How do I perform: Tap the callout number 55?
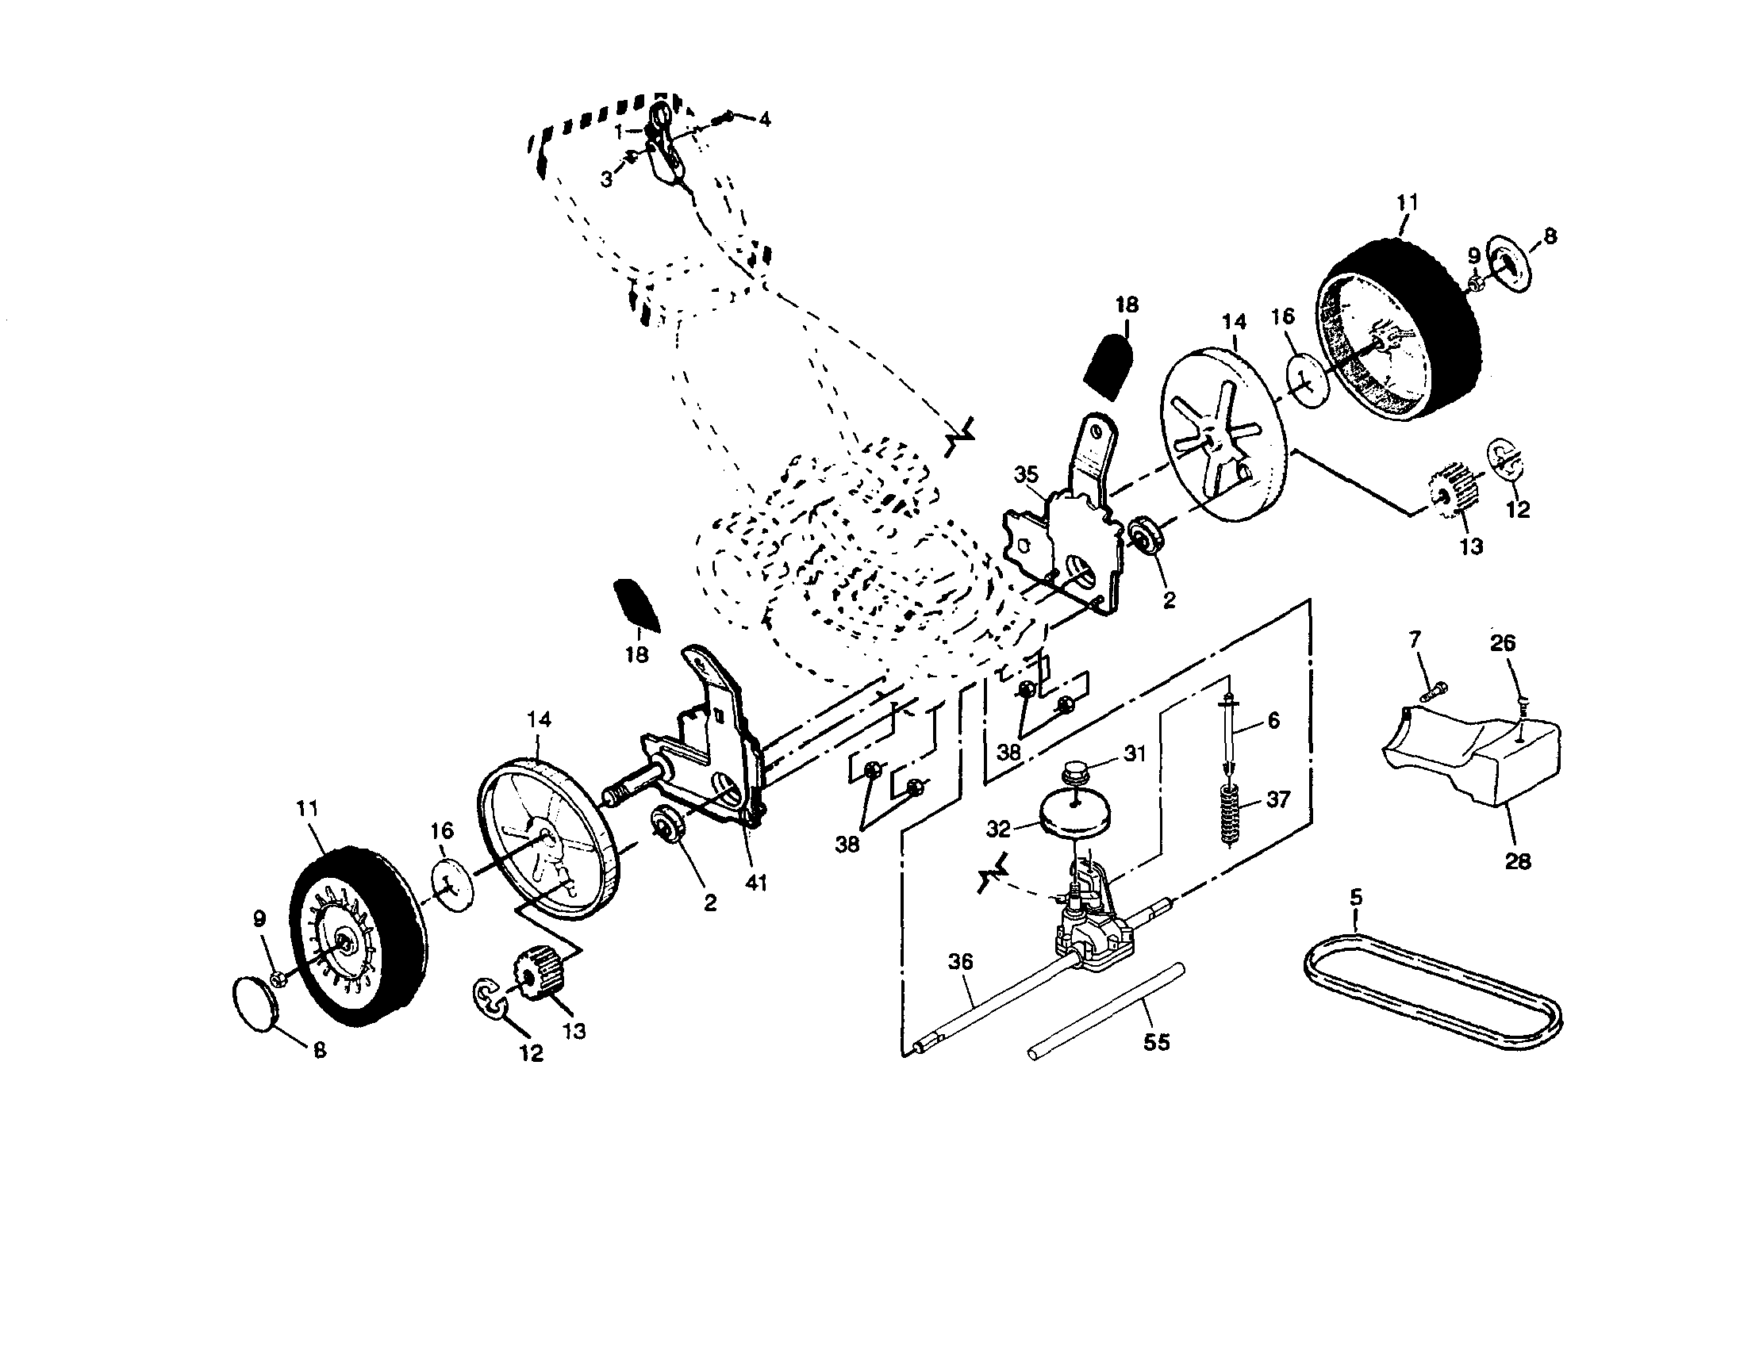[x=1156, y=1043]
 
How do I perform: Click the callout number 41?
[x=755, y=883]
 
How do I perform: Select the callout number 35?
[x=1026, y=474]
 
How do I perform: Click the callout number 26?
[x=1502, y=643]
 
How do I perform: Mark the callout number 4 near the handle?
[x=763, y=120]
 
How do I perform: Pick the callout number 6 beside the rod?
[x=1273, y=720]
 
